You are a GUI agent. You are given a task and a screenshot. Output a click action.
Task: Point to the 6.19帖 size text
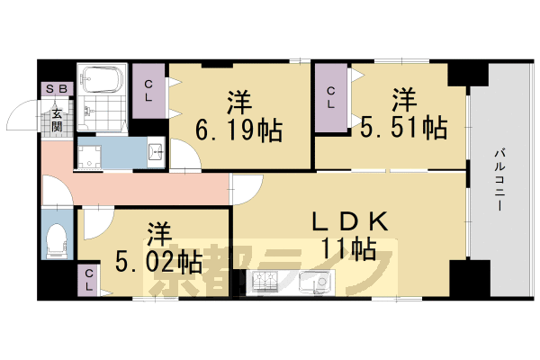239,131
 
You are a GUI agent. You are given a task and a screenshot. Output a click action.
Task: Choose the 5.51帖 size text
405,127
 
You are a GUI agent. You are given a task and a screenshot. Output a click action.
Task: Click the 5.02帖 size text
158,262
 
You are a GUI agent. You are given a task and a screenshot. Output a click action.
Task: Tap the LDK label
351,220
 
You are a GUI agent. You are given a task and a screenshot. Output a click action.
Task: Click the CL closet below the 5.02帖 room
90,279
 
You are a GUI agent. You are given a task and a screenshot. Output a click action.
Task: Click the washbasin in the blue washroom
152,152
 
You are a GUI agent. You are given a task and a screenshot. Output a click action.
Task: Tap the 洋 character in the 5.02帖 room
158,232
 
